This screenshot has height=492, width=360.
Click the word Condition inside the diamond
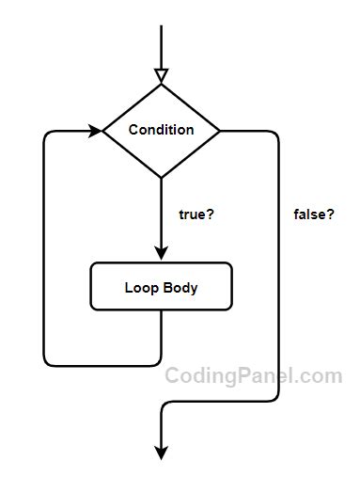[x=161, y=130]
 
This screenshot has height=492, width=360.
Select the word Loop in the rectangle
[x=139, y=288]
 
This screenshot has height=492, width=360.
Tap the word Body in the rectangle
[x=180, y=288]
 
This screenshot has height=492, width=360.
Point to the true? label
[x=196, y=214]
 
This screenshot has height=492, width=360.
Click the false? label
[x=314, y=214]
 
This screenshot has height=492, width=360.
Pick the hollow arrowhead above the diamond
[x=161, y=75]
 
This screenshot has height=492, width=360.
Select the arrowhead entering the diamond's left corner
[x=95, y=130]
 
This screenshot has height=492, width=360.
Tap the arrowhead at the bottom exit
[x=161, y=452]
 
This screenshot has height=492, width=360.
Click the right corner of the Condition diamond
[x=220, y=130]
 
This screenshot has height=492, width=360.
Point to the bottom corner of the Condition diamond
[x=161, y=177]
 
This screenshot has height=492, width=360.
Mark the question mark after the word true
[x=211, y=214]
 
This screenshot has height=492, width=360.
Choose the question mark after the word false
[x=331, y=214]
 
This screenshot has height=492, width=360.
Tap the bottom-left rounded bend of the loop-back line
[x=48, y=360]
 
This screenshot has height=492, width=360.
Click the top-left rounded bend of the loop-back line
[x=48, y=135]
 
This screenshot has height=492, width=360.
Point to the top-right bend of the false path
[x=274, y=135]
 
